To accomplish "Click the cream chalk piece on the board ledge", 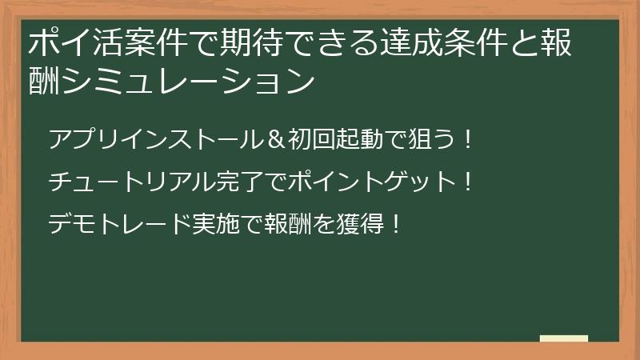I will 563,339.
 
